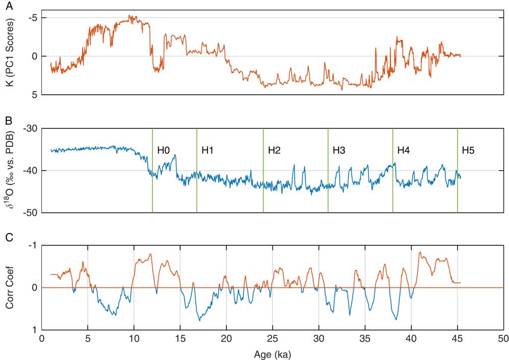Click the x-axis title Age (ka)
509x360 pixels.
point(272,353)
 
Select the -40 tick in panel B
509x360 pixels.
point(29,170)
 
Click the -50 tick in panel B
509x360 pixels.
point(29,213)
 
